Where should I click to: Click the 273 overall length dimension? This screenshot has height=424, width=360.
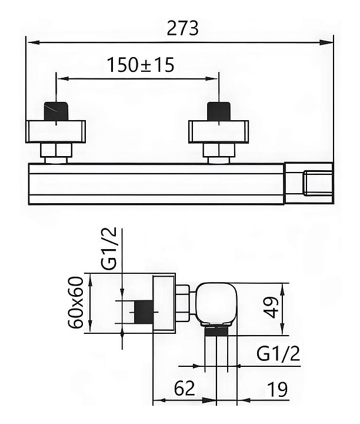(x=182, y=28)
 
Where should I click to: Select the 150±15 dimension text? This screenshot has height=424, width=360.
(x=141, y=65)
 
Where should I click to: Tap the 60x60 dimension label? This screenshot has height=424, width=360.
(x=76, y=302)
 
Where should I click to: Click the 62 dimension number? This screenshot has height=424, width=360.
(x=184, y=388)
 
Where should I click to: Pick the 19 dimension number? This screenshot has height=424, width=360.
(x=278, y=389)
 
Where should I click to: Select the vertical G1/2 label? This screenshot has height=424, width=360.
(x=111, y=249)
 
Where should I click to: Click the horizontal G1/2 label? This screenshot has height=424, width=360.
(x=278, y=353)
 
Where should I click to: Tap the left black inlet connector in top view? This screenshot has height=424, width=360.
(x=56, y=111)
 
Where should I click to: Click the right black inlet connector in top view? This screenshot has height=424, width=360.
(x=219, y=111)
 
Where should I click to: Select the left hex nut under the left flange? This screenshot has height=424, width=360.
(x=56, y=150)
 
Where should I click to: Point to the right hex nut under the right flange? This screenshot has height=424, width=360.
(x=219, y=150)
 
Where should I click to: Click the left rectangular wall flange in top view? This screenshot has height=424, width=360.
(x=56, y=131)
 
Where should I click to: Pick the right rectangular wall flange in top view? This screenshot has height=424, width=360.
(x=218, y=131)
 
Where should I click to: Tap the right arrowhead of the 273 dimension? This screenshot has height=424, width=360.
(x=326, y=42)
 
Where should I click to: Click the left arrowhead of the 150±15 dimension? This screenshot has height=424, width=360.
(x=63, y=79)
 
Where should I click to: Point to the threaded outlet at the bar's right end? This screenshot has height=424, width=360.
(x=318, y=183)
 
